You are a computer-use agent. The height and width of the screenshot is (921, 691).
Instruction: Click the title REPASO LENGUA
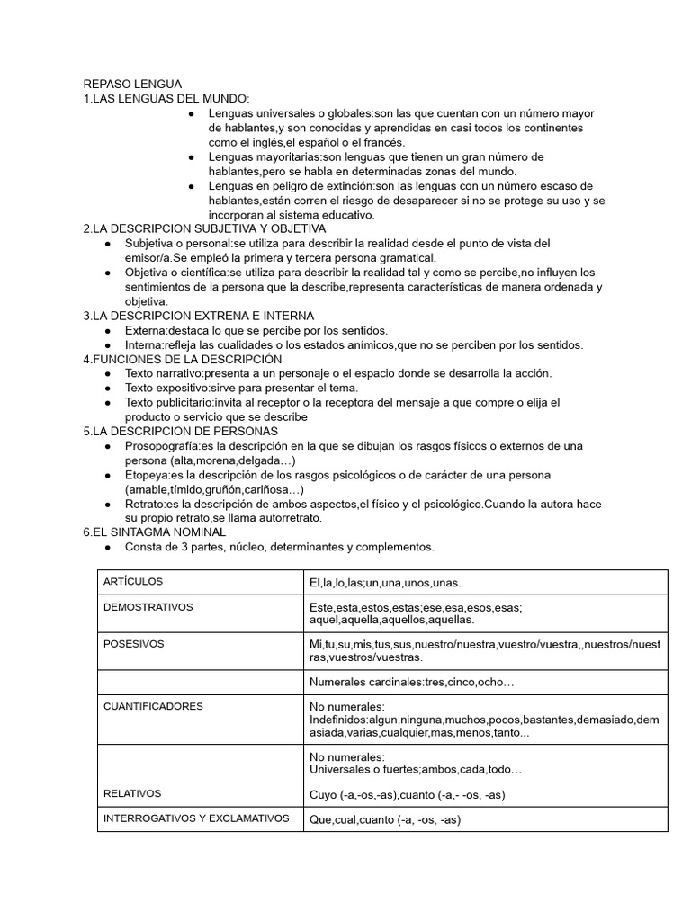(x=132, y=84)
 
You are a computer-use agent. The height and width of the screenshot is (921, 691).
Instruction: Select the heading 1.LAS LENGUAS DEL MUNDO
(x=166, y=98)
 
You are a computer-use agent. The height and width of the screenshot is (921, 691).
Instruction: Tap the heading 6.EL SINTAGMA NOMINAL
(x=154, y=532)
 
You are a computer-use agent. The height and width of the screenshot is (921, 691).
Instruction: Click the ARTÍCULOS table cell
(x=133, y=582)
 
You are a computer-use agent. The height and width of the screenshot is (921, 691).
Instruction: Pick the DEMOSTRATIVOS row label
(x=148, y=607)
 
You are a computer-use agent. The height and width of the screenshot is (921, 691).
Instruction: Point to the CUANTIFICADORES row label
(x=153, y=706)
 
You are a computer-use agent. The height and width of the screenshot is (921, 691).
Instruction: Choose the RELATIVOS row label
(x=132, y=793)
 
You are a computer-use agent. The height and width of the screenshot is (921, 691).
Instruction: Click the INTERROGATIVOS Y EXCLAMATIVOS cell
(x=196, y=818)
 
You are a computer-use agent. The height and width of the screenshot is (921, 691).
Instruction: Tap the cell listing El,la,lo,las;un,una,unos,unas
(x=385, y=583)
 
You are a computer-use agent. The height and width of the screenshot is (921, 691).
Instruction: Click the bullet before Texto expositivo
(x=107, y=388)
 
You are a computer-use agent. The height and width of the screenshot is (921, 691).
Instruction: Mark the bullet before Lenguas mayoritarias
(x=191, y=156)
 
